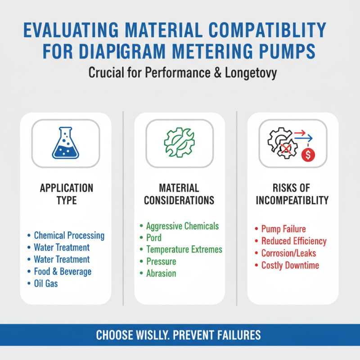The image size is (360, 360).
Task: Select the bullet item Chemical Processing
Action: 69,235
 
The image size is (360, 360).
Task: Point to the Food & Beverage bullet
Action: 63,271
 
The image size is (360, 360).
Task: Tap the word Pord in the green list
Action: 154,238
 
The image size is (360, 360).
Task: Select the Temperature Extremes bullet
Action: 184,249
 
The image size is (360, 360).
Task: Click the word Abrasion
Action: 161,273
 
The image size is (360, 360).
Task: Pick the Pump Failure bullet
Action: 283,229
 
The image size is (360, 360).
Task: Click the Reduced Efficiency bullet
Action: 294,241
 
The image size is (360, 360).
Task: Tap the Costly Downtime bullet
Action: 290,265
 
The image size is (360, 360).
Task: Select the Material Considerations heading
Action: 179,194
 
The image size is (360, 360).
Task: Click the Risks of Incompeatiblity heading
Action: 292,194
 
